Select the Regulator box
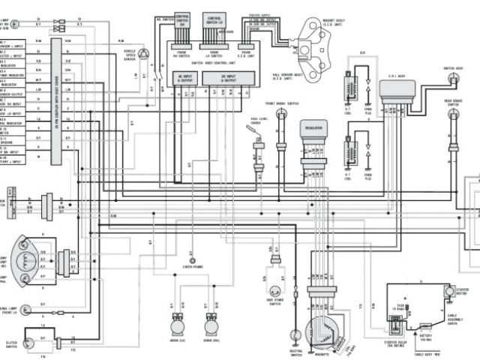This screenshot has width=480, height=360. (314, 130)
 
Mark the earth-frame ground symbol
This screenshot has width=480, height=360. (193, 256)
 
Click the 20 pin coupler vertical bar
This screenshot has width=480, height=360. (55, 101)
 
